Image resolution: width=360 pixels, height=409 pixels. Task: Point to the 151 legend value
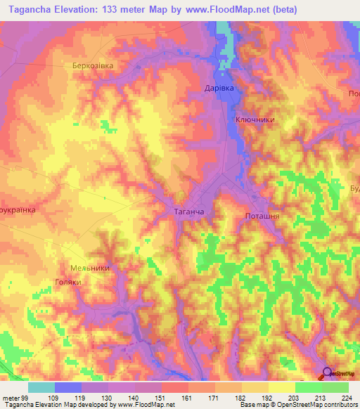(161, 398)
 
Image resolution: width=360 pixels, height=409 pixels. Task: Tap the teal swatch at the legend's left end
(41, 387)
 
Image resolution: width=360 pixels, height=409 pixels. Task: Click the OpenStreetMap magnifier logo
(328, 373)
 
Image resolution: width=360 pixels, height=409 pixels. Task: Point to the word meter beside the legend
(10, 398)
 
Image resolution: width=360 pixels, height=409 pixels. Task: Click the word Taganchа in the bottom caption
(18, 405)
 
